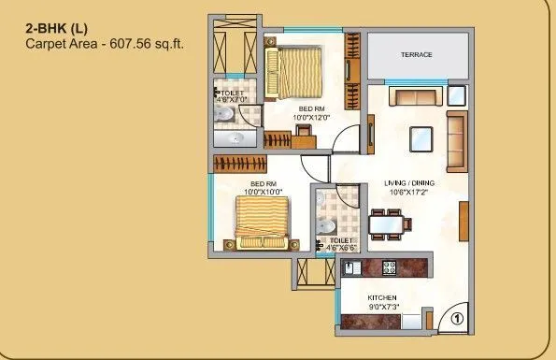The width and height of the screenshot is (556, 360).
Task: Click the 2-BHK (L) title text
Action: click(x=53, y=28)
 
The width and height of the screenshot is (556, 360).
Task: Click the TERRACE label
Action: click(x=416, y=55)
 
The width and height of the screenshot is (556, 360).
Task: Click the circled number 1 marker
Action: click(x=456, y=318)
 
